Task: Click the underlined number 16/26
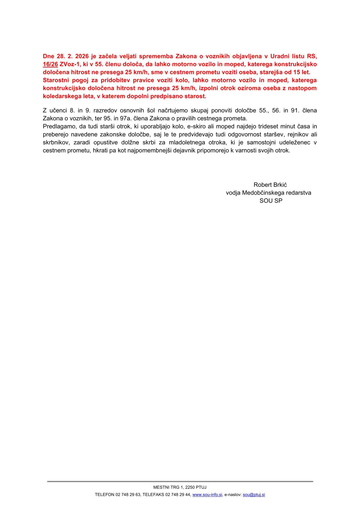(x=50, y=64)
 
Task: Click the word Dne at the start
(x=48, y=56)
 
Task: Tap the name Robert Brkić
(x=270, y=185)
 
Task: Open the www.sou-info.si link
(x=207, y=495)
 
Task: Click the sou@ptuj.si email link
(x=254, y=495)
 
